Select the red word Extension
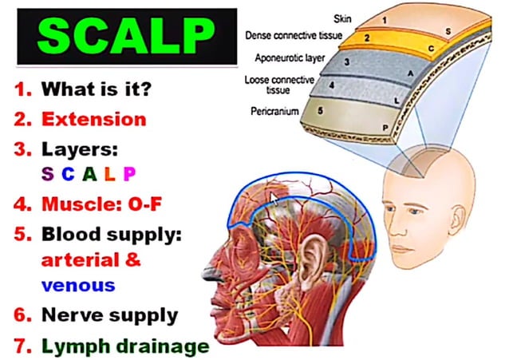coord(94,120)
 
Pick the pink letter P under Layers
coord(128,173)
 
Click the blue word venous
coord(78,285)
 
